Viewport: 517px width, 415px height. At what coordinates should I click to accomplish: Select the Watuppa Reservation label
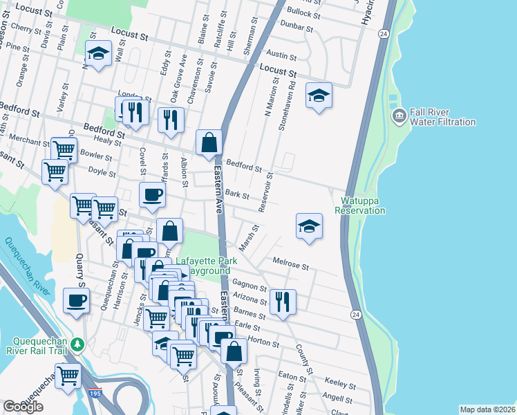[x=360, y=205]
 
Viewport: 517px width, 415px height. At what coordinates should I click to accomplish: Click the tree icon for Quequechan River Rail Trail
[x=78, y=344]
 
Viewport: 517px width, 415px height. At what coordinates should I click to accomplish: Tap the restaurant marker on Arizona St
[x=283, y=302]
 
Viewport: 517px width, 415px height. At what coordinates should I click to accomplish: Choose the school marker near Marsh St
[x=309, y=225]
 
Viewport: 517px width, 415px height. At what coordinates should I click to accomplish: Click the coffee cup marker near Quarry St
[x=76, y=300]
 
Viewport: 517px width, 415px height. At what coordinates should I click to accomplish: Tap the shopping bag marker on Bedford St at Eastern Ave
[x=209, y=143]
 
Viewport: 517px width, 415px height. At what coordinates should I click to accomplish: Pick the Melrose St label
[x=290, y=265]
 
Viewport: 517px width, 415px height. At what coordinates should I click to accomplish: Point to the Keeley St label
[x=339, y=382]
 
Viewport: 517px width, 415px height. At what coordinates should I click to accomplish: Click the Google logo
[x=22, y=407]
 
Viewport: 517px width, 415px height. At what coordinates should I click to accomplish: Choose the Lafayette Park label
[x=206, y=261]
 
